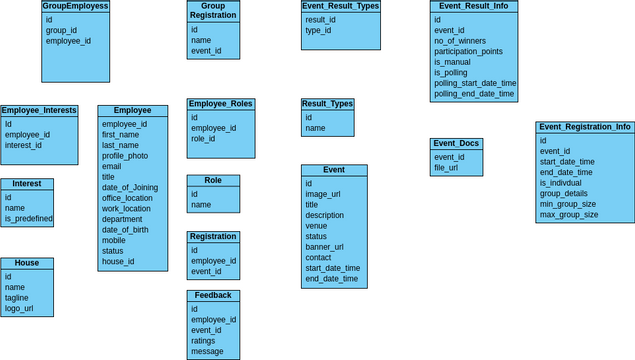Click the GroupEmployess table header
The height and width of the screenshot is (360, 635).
tap(75, 6)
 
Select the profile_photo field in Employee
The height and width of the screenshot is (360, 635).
tap(124, 156)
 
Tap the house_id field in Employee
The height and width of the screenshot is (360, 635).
tap(117, 262)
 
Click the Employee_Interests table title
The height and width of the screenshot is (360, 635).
tap(39, 110)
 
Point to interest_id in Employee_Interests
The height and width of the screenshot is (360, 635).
tap(23, 145)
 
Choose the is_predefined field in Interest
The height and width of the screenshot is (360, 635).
tap(28, 219)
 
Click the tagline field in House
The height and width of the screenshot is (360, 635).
tap(17, 298)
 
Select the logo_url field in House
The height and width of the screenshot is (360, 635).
tap(19, 309)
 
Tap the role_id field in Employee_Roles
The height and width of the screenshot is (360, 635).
tap(203, 139)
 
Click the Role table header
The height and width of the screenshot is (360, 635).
tap(213, 181)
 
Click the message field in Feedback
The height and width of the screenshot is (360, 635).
tap(207, 352)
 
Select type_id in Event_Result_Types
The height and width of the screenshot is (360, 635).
tap(318, 31)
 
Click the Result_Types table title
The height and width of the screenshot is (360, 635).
tap(327, 104)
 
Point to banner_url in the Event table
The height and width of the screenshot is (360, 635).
tap(324, 247)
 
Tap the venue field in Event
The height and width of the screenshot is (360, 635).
tap(317, 226)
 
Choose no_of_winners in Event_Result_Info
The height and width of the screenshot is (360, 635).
tap(459, 41)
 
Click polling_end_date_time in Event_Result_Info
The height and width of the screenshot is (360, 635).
tap(474, 94)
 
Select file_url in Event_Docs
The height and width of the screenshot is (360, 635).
tap(446, 168)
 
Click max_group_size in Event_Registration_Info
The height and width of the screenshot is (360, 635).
tap(568, 215)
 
